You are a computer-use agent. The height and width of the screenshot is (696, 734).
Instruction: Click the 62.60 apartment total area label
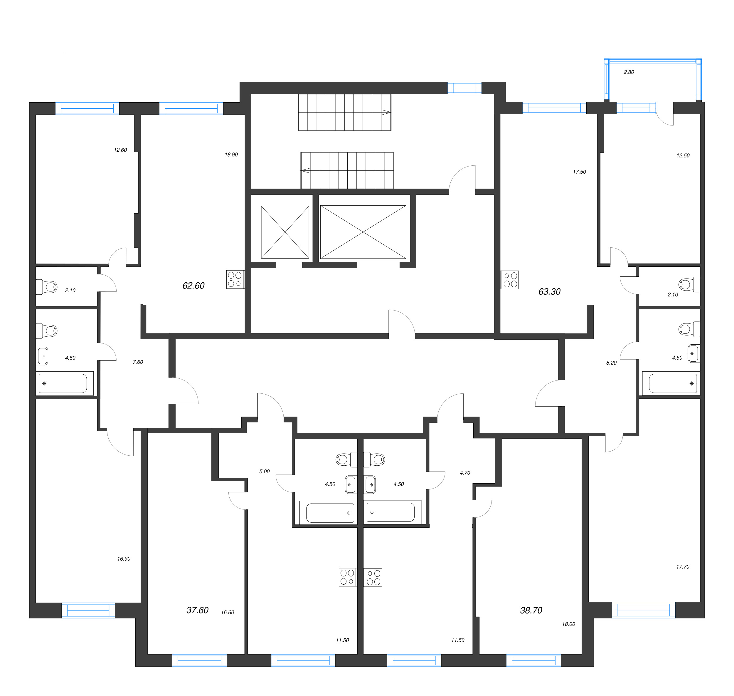[x=193, y=286]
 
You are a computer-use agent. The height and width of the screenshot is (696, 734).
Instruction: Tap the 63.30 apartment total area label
[x=549, y=292]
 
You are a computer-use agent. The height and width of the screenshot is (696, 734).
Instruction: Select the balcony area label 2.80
[x=629, y=72]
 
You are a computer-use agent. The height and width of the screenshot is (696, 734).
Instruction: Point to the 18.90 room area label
[x=231, y=154]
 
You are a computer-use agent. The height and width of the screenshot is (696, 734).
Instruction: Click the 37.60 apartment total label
[x=197, y=610]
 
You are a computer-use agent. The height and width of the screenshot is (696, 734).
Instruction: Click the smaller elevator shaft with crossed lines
[x=285, y=232]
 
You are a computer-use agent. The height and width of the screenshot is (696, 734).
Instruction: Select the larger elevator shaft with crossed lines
[x=363, y=232]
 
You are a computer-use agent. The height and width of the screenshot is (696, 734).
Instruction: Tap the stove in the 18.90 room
[x=235, y=279]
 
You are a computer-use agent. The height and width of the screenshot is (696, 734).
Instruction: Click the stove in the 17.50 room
[x=510, y=280]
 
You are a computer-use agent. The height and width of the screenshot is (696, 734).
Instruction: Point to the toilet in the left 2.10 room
[x=47, y=287]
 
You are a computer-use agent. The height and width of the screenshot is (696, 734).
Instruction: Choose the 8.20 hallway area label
[x=611, y=363]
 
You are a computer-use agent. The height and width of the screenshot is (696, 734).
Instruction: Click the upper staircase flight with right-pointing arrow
[x=345, y=112]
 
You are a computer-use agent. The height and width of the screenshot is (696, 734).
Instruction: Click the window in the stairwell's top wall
[x=464, y=88]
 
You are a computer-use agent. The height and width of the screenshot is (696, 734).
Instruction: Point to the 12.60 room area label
[x=120, y=150]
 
